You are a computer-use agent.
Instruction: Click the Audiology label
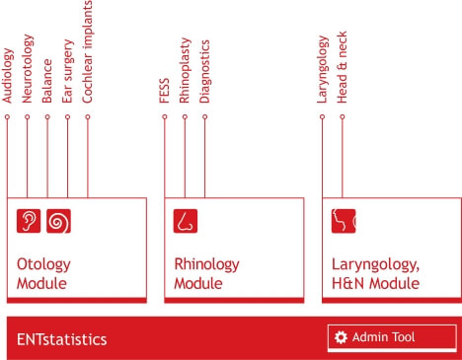[8, 75]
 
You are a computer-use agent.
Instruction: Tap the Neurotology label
[28, 68]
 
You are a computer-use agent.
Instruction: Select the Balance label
[46, 81]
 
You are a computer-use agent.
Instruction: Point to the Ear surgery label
[67, 71]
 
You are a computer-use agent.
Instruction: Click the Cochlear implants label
[88, 51]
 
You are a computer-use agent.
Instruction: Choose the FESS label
[164, 91]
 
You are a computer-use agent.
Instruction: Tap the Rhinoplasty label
[186, 70]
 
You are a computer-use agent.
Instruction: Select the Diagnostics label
[205, 71]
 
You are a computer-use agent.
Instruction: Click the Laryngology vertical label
[323, 69]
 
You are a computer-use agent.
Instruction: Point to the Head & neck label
[342, 67]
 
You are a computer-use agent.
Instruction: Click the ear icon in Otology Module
[29, 221]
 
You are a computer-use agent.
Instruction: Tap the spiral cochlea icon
[58, 221]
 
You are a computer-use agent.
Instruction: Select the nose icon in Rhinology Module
[186, 221]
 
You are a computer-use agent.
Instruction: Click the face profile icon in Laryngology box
[344, 221]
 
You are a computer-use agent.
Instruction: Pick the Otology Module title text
[43, 274]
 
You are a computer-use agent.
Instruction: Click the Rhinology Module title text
[206, 274]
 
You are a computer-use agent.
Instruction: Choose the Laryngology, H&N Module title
[375, 274]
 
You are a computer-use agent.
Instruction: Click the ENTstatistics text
[62, 339]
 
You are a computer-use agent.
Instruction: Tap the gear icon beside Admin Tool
[341, 337]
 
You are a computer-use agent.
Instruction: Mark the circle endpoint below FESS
[165, 116]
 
